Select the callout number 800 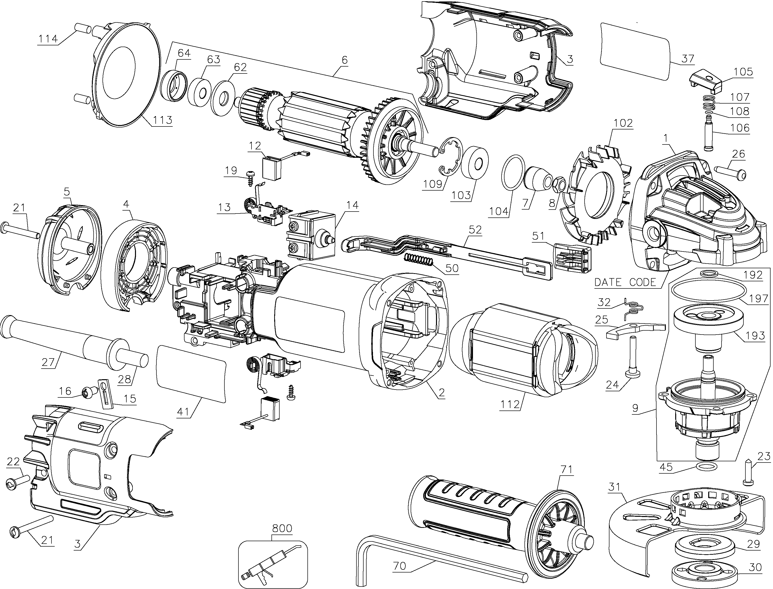(282, 528)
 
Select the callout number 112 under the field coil (510, 404)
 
